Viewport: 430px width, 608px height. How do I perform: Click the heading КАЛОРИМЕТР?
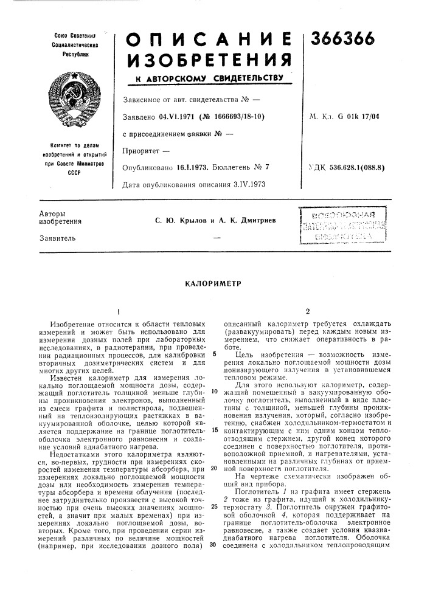point(215,283)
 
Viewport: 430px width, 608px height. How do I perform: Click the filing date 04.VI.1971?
point(172,115)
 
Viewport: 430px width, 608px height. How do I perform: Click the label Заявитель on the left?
point(58,238)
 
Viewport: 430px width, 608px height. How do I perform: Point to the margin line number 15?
point(215,430)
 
